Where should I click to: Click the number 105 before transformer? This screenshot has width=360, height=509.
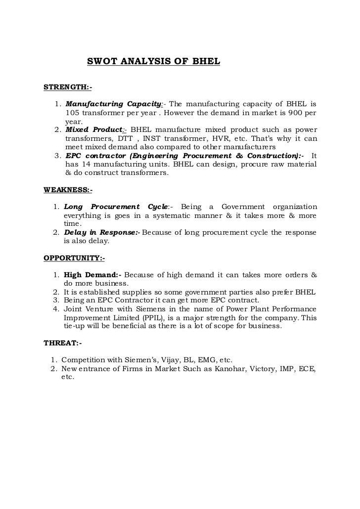point(73,113)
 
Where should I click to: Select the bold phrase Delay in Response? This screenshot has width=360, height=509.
point(101,232)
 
